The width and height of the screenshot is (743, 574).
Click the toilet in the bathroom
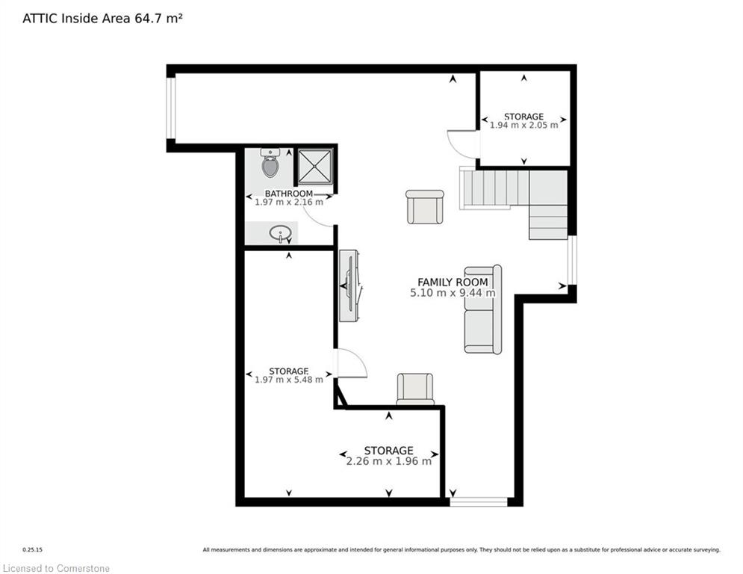270,163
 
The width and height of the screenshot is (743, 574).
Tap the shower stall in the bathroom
315,166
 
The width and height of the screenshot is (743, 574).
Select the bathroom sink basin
280,233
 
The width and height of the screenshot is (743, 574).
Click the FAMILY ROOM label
453,282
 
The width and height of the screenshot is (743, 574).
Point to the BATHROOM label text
288,194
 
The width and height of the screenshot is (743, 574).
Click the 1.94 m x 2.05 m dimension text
523,126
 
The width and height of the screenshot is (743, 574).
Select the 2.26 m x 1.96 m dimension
388,461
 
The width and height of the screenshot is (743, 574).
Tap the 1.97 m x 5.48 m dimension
288,380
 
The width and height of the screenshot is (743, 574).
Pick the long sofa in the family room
483,309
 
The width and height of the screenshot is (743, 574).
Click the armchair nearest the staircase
425,207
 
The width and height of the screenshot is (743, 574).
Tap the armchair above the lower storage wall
415,389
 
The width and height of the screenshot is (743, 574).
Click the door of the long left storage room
351,363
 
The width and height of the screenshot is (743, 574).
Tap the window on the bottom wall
479,502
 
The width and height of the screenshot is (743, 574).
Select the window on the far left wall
171,108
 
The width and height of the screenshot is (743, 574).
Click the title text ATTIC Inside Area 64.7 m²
102,19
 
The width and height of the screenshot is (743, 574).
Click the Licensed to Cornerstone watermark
56,568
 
